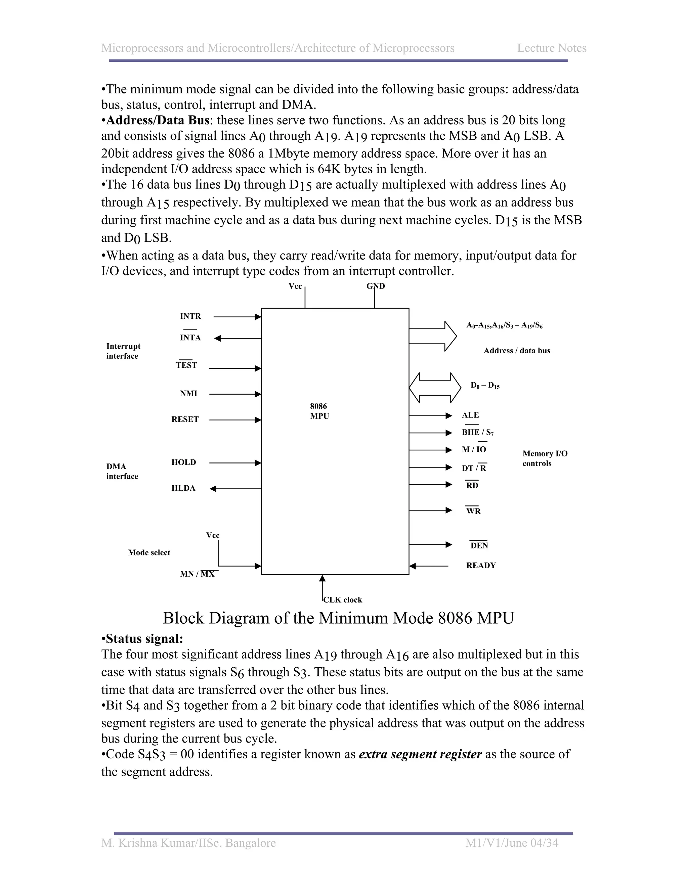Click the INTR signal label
[190, 316]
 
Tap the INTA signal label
[190, 338]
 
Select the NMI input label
[188, 393]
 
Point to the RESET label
[185, 419]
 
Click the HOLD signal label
[184, 462]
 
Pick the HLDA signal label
[183, 488]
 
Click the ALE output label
[470, 415]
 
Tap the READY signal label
[481, 566]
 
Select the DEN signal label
[479, 546]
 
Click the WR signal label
[473, 511]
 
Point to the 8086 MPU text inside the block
[319, 411]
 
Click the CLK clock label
[342, 600]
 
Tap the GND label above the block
[375, 286]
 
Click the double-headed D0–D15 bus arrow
[435, 388]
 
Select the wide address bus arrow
[432, 336]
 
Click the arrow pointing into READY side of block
[429, 566]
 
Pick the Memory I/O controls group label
[545, 458]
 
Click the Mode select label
[149, 552]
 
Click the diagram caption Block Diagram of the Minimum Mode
[338, 618]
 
